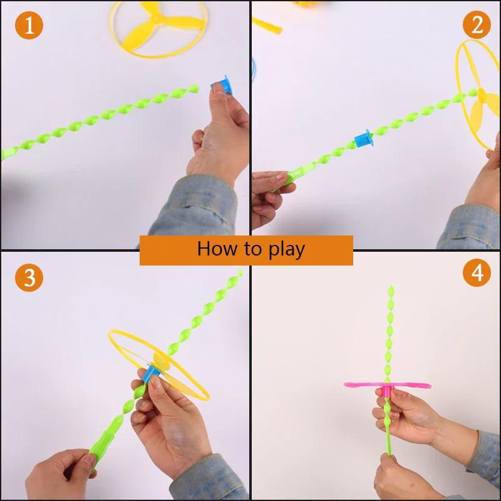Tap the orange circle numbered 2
pyautogui.click(x=477, y=25)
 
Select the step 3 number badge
pyautogui.click(x=29, y=277)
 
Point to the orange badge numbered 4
pyautogui.click(x=477, y=274)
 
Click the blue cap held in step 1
pyautogui.click(x=222, y=85)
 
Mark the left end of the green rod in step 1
pyautogui.click(x=5, y=152)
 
